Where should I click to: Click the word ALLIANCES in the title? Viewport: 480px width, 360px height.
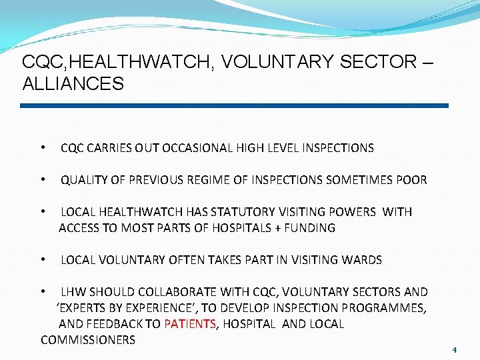(73, 84)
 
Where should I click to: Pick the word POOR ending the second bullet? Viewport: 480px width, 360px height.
(412, 180)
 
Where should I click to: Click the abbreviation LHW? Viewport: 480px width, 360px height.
(73, 292)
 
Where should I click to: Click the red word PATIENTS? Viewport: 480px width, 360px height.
(190, 324)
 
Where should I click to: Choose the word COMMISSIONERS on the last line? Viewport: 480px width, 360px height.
(88, 340)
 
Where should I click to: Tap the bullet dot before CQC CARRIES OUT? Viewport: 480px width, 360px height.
(43, 148)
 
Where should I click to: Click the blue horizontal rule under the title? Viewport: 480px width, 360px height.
(234, 105)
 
